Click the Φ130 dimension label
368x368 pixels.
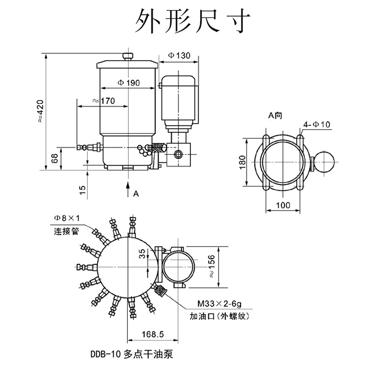179,55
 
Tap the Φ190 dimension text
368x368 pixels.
129,83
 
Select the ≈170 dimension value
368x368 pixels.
103,101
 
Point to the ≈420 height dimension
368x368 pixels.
40,111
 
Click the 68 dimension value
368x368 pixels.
54,159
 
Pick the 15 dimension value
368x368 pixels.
83,190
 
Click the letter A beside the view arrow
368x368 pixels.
136,194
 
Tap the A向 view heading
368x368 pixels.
275,115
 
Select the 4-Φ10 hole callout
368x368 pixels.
316,124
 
